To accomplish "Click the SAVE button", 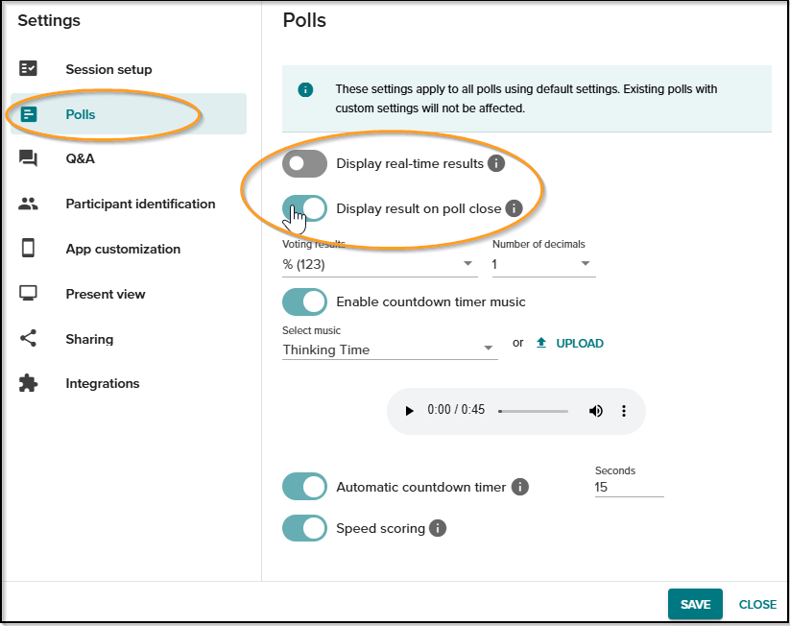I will coord(695,604).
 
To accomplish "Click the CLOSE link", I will coord(757,604).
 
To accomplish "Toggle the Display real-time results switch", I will coord(304,163).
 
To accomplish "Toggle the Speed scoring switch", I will coord(304,528).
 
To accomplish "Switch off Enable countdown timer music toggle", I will coord(304,301).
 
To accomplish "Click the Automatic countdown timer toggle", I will coord(304,487).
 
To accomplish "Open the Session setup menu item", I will coord(108,69).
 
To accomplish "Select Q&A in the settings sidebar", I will coord(80,158).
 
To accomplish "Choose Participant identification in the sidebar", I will coord(140,204).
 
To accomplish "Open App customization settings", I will coord(123,249).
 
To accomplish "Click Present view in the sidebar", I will coord(106,294).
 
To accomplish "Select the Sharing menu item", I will coord(89,339).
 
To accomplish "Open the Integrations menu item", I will coord(103,383).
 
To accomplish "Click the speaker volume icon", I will coord(596,411).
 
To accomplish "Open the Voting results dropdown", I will coord(379,264).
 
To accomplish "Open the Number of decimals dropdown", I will coord(543,264).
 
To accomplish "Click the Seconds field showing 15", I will coord(629,487).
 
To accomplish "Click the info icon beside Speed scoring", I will coord(438,528).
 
